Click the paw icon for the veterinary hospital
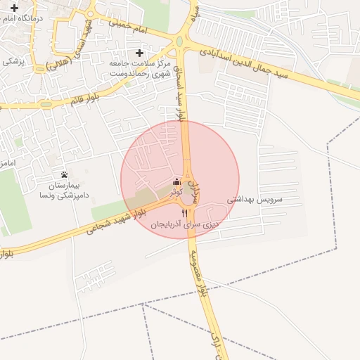(65, 174)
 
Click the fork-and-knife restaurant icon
(185, 213)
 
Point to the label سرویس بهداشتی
(255, 200)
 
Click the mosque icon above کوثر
(176, 181)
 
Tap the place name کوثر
(176, 191)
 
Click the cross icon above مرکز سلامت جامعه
(139, 53)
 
